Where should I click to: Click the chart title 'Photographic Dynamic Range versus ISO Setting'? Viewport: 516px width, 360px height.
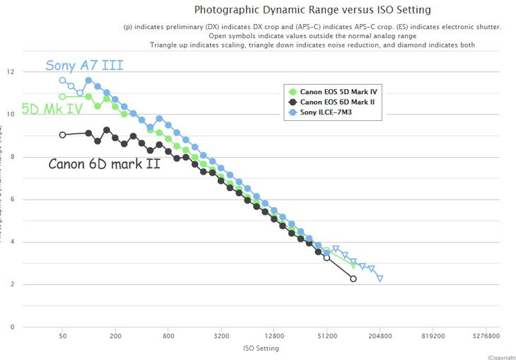[312, 10]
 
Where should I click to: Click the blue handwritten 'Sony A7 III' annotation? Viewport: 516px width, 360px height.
[84, 66]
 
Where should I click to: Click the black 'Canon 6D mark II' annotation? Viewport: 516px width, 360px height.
[104, 164]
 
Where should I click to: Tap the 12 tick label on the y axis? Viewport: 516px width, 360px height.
[10, 72]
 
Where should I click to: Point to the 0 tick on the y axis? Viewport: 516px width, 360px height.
[11, 327]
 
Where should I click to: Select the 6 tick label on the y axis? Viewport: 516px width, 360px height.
[11, 199]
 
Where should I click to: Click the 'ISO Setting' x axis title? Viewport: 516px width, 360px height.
[262, 348]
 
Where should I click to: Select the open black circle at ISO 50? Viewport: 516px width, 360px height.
[62, 134]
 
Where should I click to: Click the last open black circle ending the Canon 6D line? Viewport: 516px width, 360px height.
[353, 279]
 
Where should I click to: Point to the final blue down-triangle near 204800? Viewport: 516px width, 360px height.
[380, 279]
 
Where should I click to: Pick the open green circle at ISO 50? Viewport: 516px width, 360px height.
[62, 96]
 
